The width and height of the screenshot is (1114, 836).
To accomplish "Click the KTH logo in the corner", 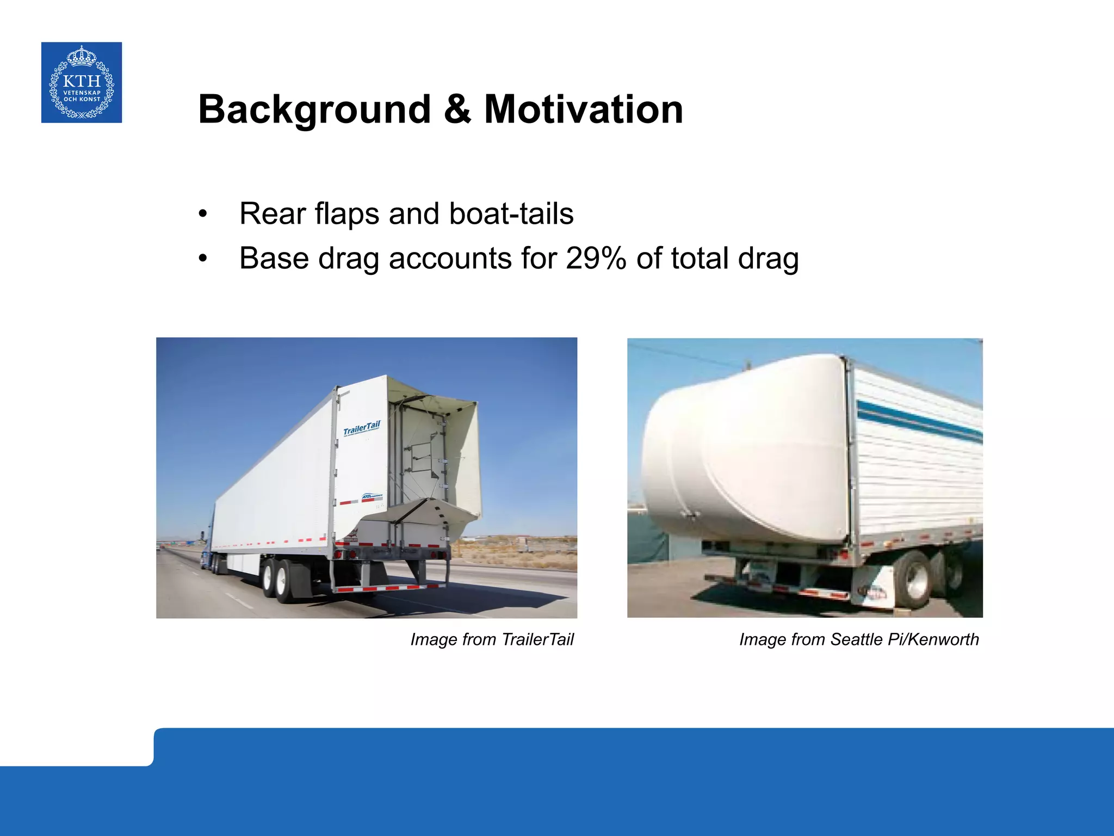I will click(x=82, y=82).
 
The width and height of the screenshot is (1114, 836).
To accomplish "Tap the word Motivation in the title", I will click(x=583, y=109).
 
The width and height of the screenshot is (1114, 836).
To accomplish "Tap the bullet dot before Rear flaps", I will click(x=203, y=214).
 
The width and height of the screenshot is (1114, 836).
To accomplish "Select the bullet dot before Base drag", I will click(x=203, y=259).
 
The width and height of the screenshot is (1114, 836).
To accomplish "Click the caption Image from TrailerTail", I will click(x=492, y=639).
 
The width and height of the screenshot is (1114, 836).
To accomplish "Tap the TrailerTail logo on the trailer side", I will click(x=362, y=428).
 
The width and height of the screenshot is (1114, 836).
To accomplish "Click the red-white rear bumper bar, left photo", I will click(x=387, y=587).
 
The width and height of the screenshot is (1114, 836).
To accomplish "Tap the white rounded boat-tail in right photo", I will click(x=745, y=452).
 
